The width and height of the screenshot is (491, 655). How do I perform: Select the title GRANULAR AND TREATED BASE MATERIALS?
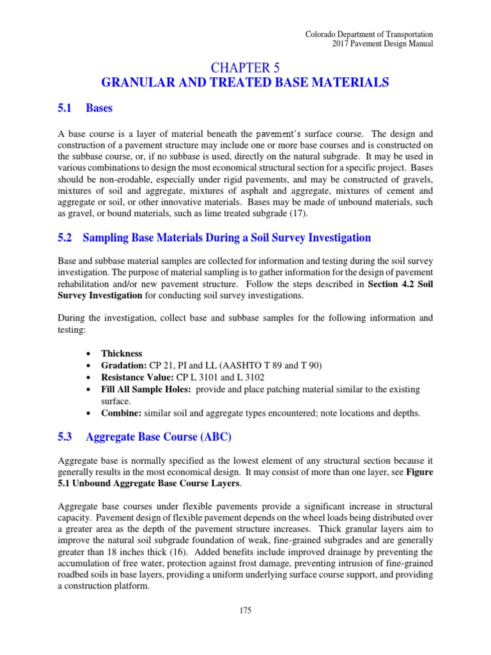245,83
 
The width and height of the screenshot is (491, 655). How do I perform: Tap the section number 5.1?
66,108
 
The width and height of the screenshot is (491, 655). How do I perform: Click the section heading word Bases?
100,108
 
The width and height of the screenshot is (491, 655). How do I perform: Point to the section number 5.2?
66,238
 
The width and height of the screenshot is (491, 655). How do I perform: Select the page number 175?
245,610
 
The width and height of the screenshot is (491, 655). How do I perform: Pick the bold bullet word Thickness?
121,354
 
